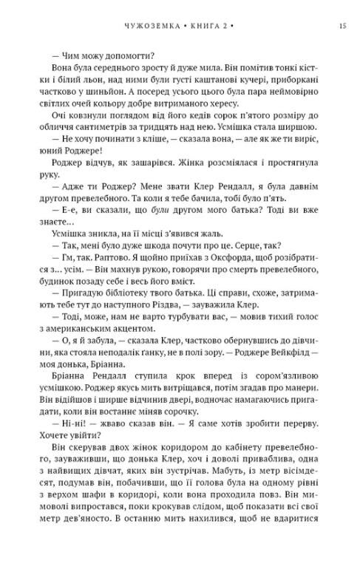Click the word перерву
click(298, 446)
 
